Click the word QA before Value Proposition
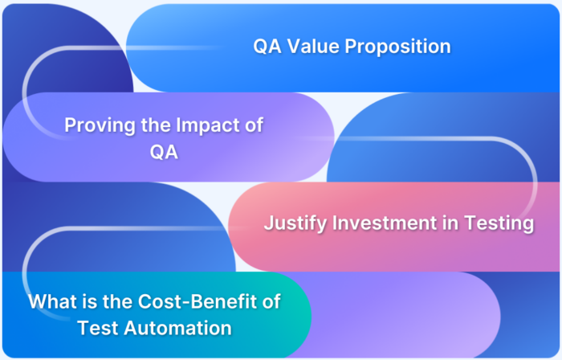coord(268,47)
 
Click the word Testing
coord(503,223)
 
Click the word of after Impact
coord(253,126)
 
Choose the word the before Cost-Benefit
coord(120,303)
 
